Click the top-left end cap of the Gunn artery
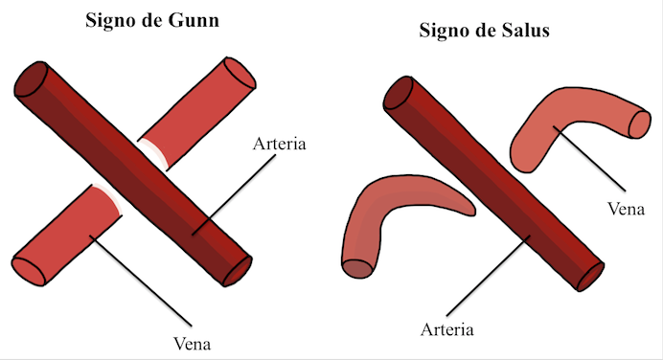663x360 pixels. click(32, 80)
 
